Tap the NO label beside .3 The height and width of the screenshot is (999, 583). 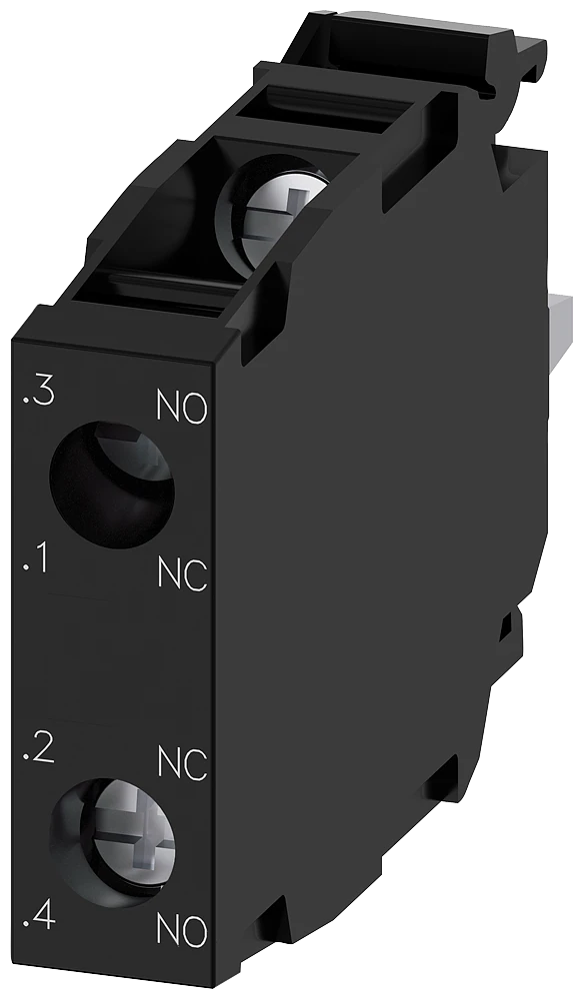coord(183,408)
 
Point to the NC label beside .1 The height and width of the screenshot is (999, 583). coord(183,573)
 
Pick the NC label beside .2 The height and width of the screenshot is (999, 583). coord(183,764)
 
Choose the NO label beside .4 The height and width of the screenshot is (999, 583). coord(183,931)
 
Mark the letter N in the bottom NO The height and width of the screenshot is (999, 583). coord(171,931)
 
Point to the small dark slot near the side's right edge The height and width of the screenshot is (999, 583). coord(506,624)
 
